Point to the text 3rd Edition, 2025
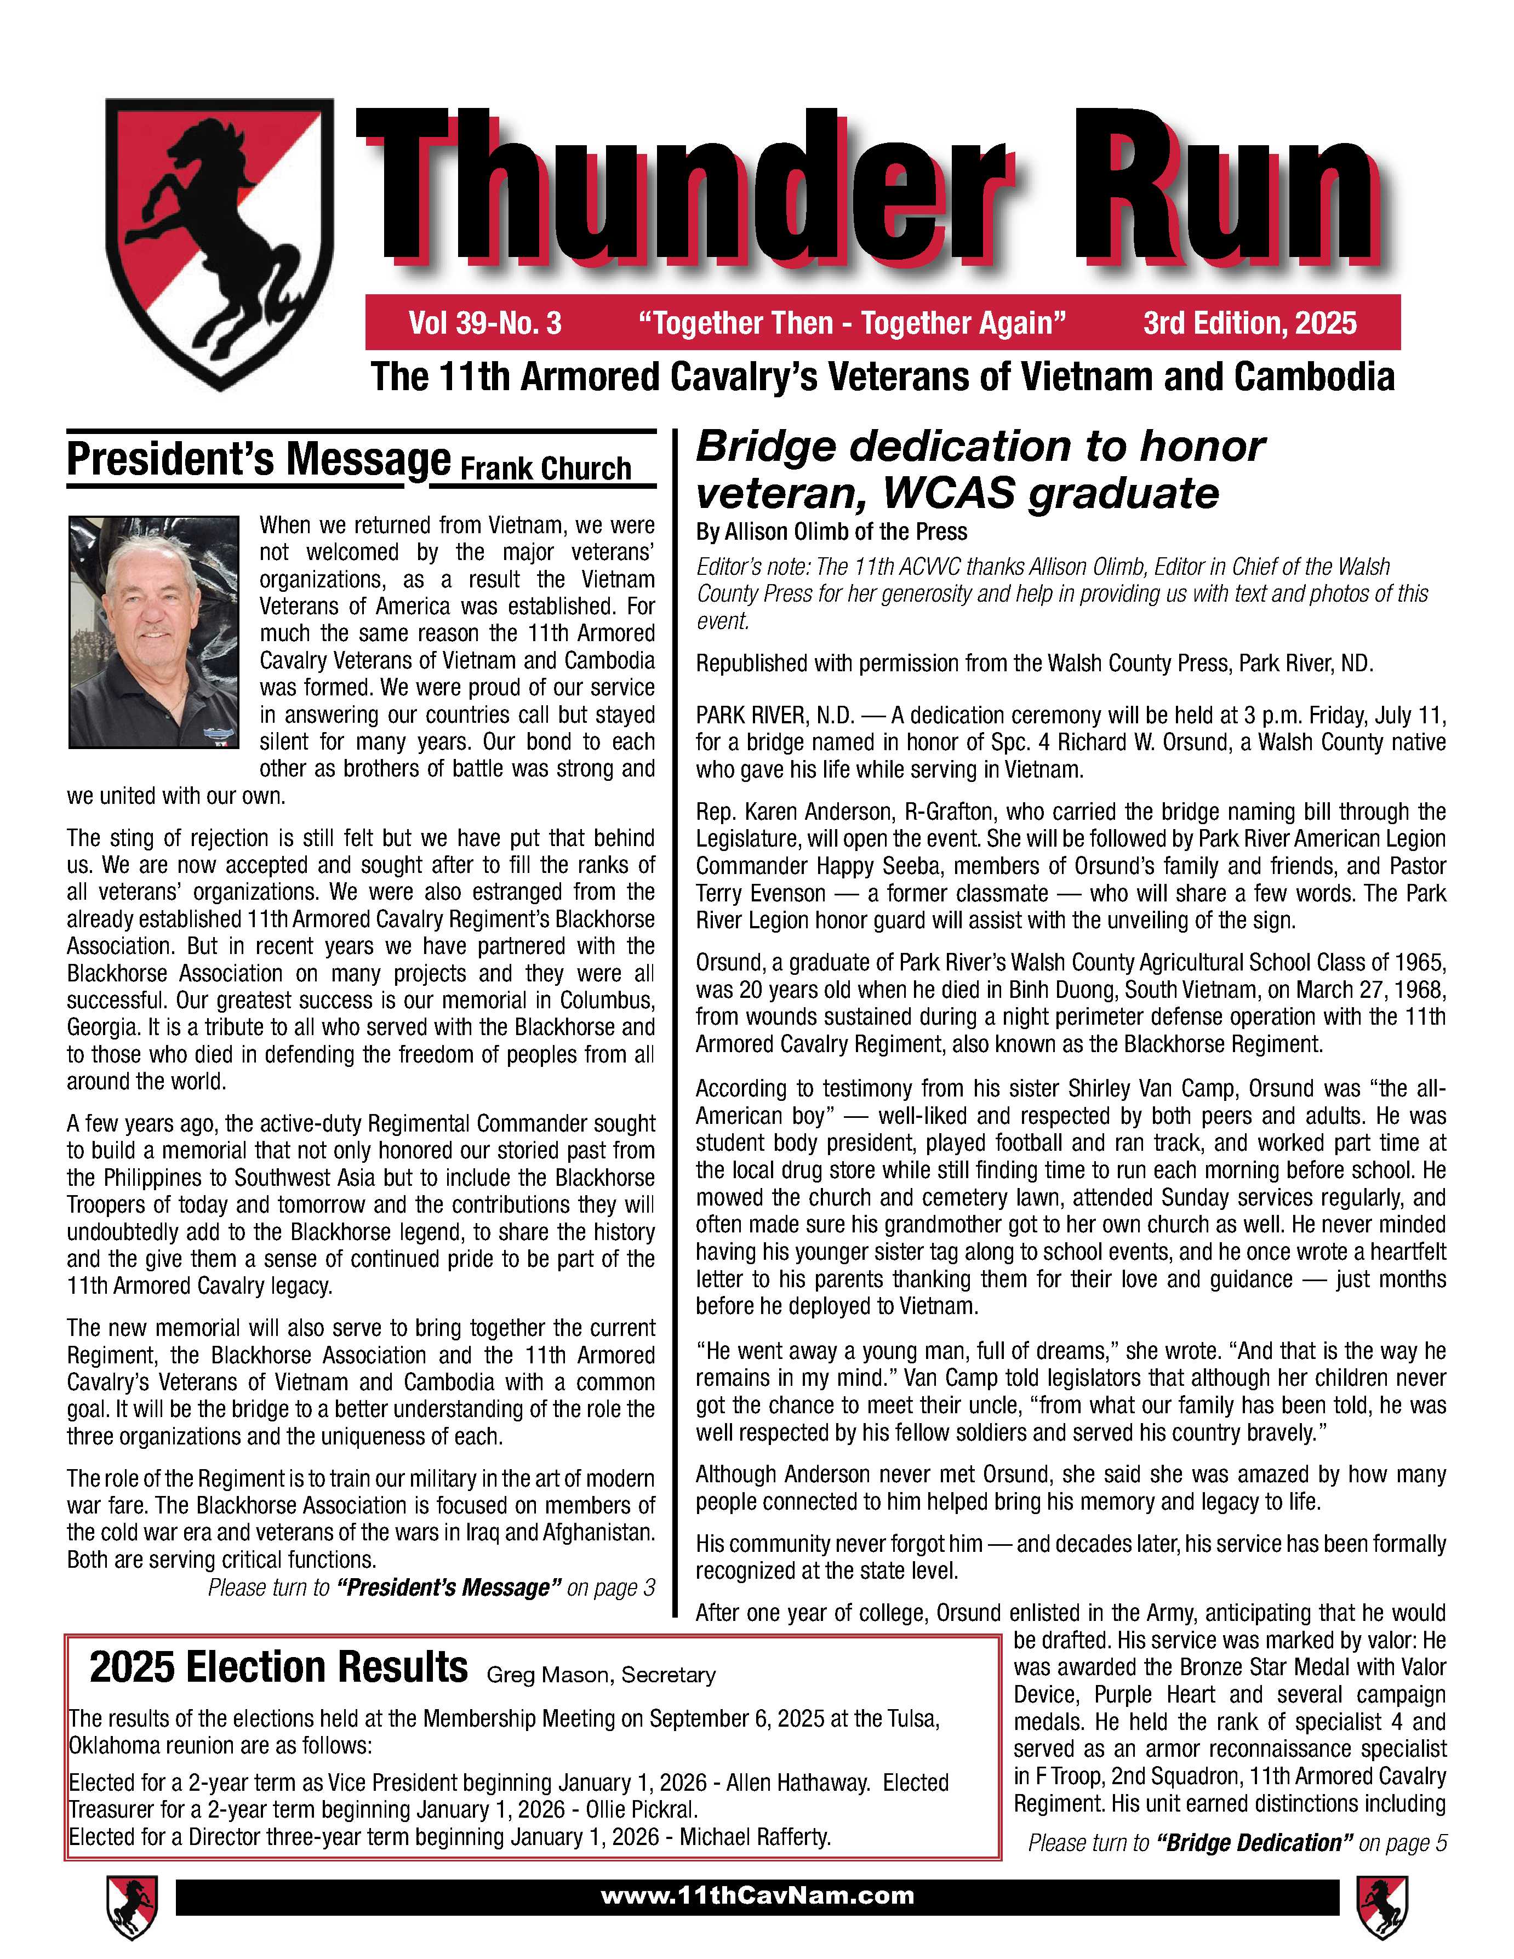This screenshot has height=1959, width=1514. click(x=1249, y=323)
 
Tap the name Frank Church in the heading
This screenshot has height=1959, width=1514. click(x=545, y=468)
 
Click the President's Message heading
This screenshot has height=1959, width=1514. click(x=258, y=460)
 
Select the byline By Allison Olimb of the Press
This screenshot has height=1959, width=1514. click(x=831, y=532)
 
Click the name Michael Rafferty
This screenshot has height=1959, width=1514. click(x=755, y=1836)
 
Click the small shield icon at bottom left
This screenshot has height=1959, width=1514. click(x=132, y=1906)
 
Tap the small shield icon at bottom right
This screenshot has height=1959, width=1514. click(x=1382, y=1906)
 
